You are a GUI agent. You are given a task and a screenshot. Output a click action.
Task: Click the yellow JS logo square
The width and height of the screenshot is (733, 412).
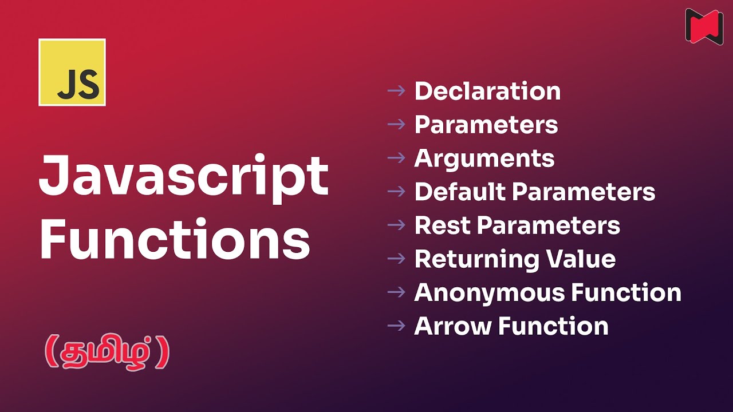coord(72,73)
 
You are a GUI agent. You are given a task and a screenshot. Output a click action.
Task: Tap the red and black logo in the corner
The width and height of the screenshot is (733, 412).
coord(704,26)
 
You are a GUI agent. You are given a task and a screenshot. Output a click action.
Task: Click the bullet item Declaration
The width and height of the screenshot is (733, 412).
coord(487,92)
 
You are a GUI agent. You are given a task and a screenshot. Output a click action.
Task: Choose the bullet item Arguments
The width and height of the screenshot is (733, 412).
coord(484,159)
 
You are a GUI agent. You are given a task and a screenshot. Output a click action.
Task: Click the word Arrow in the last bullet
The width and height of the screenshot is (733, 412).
coord(453,326)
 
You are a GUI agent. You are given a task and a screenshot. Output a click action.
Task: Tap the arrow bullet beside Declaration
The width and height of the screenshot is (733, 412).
coord(396,90)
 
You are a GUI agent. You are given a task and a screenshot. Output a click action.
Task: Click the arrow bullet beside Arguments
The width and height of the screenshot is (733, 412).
coord(396,157)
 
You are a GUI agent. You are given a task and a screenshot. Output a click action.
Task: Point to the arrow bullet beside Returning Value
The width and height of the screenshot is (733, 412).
coord(396,259)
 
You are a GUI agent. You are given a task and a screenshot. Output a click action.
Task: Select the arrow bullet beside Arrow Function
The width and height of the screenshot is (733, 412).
coord(396,326)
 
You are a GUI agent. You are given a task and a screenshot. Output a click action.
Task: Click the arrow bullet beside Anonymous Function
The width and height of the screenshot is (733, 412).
coord(396,292)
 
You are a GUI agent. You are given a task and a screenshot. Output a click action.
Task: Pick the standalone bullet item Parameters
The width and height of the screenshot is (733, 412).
coord(486,125)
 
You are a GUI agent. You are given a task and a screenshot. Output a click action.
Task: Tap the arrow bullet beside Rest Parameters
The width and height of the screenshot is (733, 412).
coord(396,225)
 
